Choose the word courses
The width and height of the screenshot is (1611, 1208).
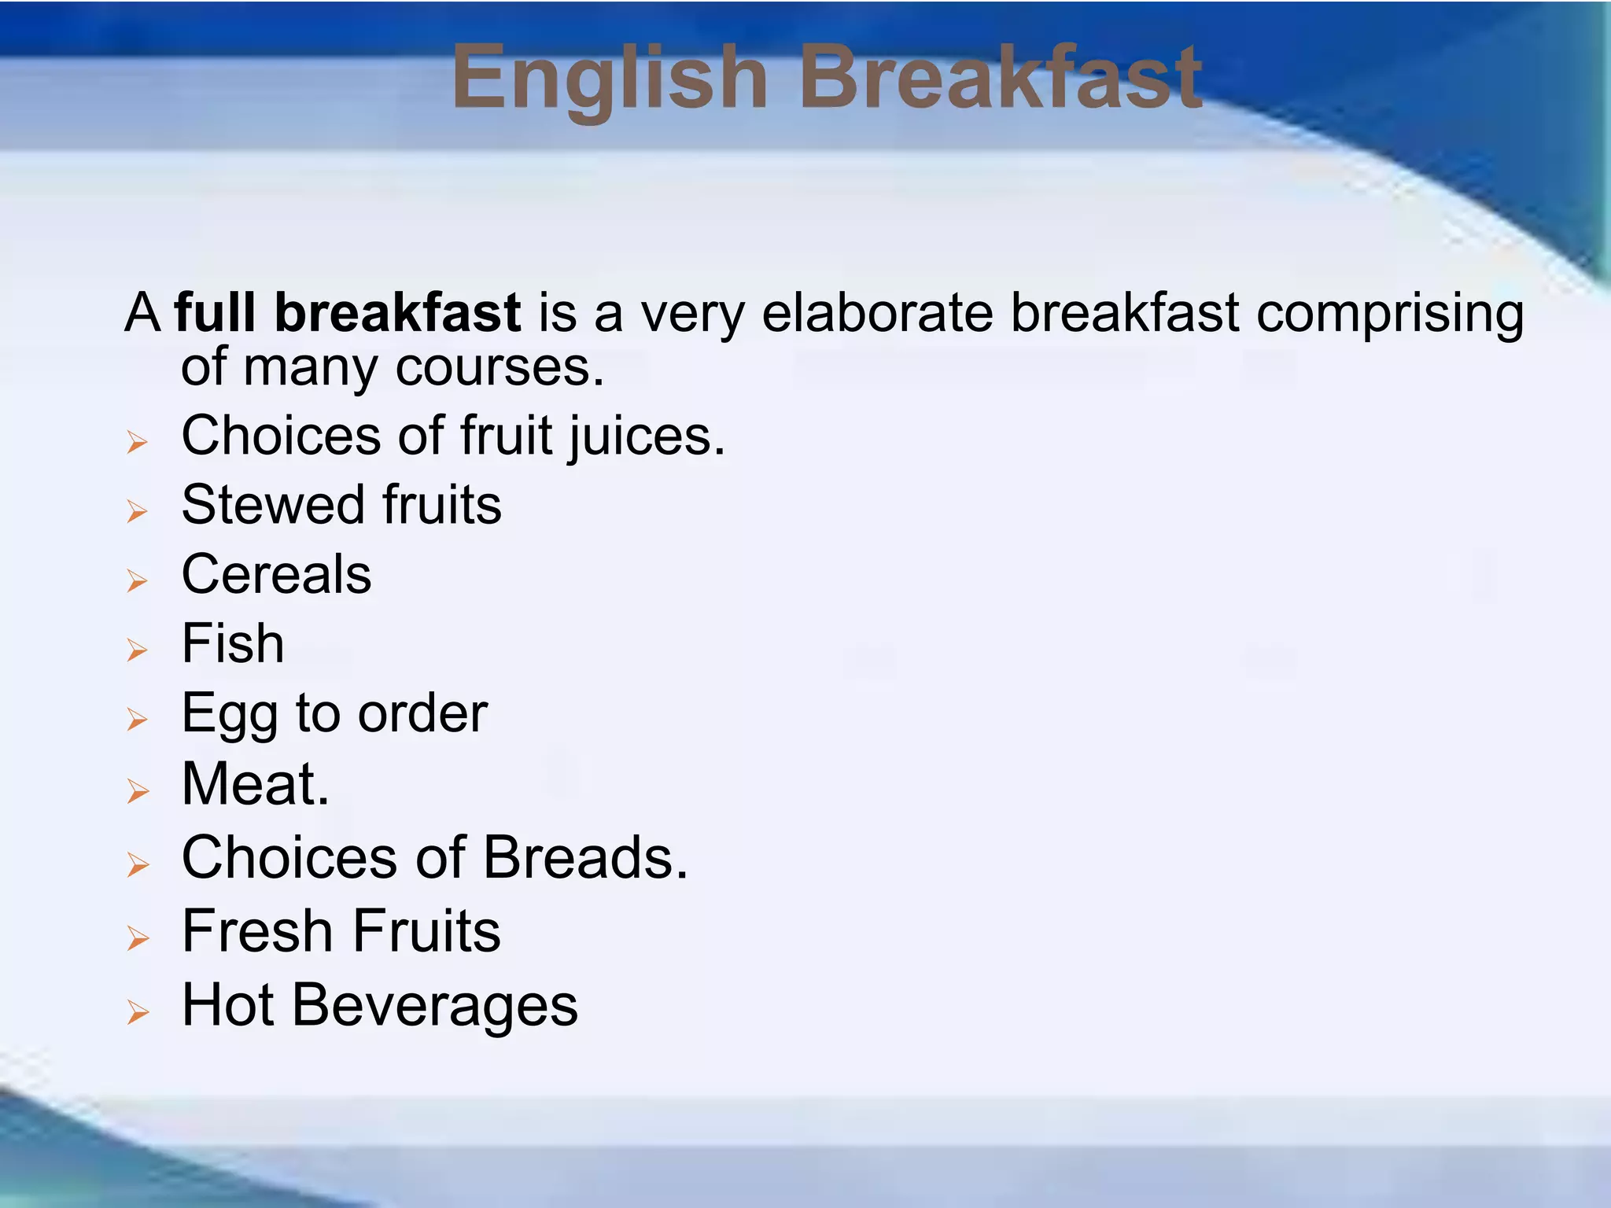(499, 367)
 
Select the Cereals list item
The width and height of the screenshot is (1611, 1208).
(276, 574)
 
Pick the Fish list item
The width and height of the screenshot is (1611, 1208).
(233, 643)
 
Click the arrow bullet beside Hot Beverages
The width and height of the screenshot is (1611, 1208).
(138, 1012)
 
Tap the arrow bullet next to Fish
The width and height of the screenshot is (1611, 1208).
(138, 650)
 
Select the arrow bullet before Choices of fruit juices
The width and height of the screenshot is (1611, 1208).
(138, 443)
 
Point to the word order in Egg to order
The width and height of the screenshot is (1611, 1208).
(422, 714)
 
